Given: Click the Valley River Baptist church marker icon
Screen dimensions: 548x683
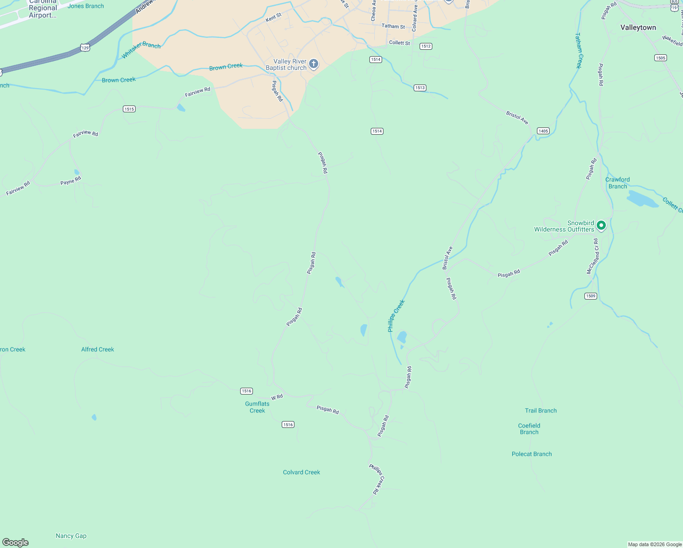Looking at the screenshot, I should tap(314, 64).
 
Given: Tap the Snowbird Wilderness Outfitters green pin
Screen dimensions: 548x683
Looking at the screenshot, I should tap(601, 225).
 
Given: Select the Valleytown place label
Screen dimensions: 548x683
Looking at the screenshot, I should tap(638, 27).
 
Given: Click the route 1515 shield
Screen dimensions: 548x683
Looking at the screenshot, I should tap(129, 109).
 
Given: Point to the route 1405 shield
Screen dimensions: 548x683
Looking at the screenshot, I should tap(543, 131).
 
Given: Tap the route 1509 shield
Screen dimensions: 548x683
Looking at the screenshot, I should tap(590, 296).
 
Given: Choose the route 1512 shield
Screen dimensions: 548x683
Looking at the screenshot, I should tap(426, 46).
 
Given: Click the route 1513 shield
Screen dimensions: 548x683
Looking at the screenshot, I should tap(420, 88).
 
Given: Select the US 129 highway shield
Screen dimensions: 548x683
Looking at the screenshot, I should tap(84, 47).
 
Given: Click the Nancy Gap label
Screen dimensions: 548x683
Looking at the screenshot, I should tap(71, 536).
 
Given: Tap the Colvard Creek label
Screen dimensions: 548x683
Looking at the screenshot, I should tap(301, 472).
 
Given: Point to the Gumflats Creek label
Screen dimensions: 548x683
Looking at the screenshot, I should tap(257, 407).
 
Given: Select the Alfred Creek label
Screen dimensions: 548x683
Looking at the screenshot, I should tap(97, 349).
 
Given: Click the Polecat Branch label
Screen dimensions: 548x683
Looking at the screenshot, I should tap(531, 454).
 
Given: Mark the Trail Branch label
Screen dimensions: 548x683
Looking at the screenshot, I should tap(541, 411).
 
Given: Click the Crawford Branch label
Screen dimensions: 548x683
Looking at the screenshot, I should tap(617, 183).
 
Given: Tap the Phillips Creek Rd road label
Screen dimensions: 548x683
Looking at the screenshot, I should tap(377, 479).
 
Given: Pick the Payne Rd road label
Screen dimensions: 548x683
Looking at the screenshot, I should tap(70, 182).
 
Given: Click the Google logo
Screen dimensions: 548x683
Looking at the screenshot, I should tap(16, 542).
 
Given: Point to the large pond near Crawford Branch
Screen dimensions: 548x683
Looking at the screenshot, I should tap(642, 199).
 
